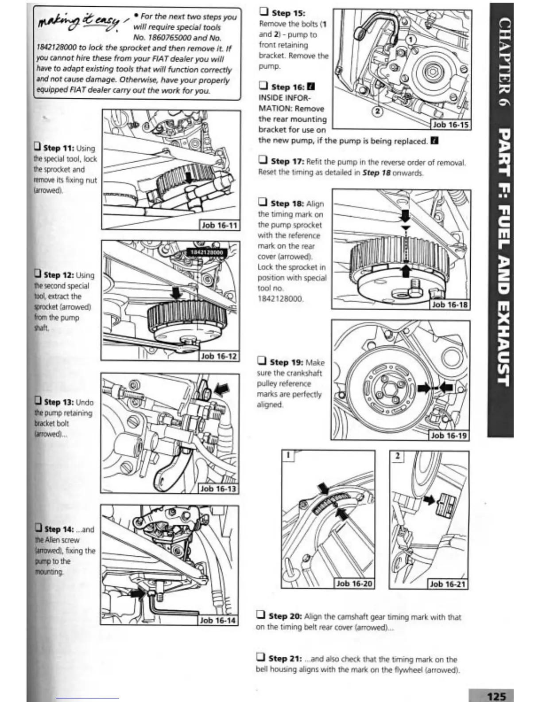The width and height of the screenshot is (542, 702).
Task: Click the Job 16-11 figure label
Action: coord(220,225)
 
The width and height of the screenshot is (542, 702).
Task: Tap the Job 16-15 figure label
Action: coord(450,125)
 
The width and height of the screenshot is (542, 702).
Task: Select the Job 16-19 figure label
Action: coord(449,435)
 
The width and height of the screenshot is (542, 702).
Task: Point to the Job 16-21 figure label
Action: coord(447,584)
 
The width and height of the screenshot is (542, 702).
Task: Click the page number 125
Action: coord(496,696)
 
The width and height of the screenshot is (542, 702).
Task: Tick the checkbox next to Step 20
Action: coord(261,615)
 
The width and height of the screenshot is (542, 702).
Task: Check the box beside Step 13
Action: coord(39,401)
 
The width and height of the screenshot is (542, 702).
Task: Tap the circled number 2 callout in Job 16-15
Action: coord(377,111)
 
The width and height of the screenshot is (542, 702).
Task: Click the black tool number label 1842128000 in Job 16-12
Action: coord(207,253)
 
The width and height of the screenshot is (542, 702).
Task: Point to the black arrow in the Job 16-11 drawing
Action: coord(190,177)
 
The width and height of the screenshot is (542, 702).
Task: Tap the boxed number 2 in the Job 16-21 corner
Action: coord(397,456)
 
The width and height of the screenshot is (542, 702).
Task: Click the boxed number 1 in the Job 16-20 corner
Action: coord(288,455)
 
